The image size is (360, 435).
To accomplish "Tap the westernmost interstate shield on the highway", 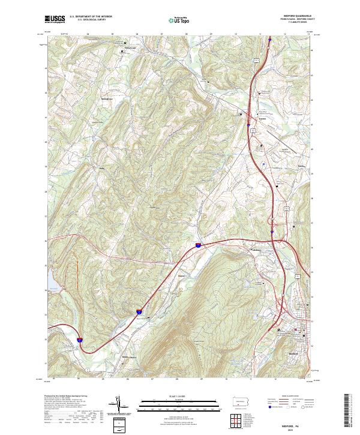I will click(79, 340).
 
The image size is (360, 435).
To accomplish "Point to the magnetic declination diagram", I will click(122, 406).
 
